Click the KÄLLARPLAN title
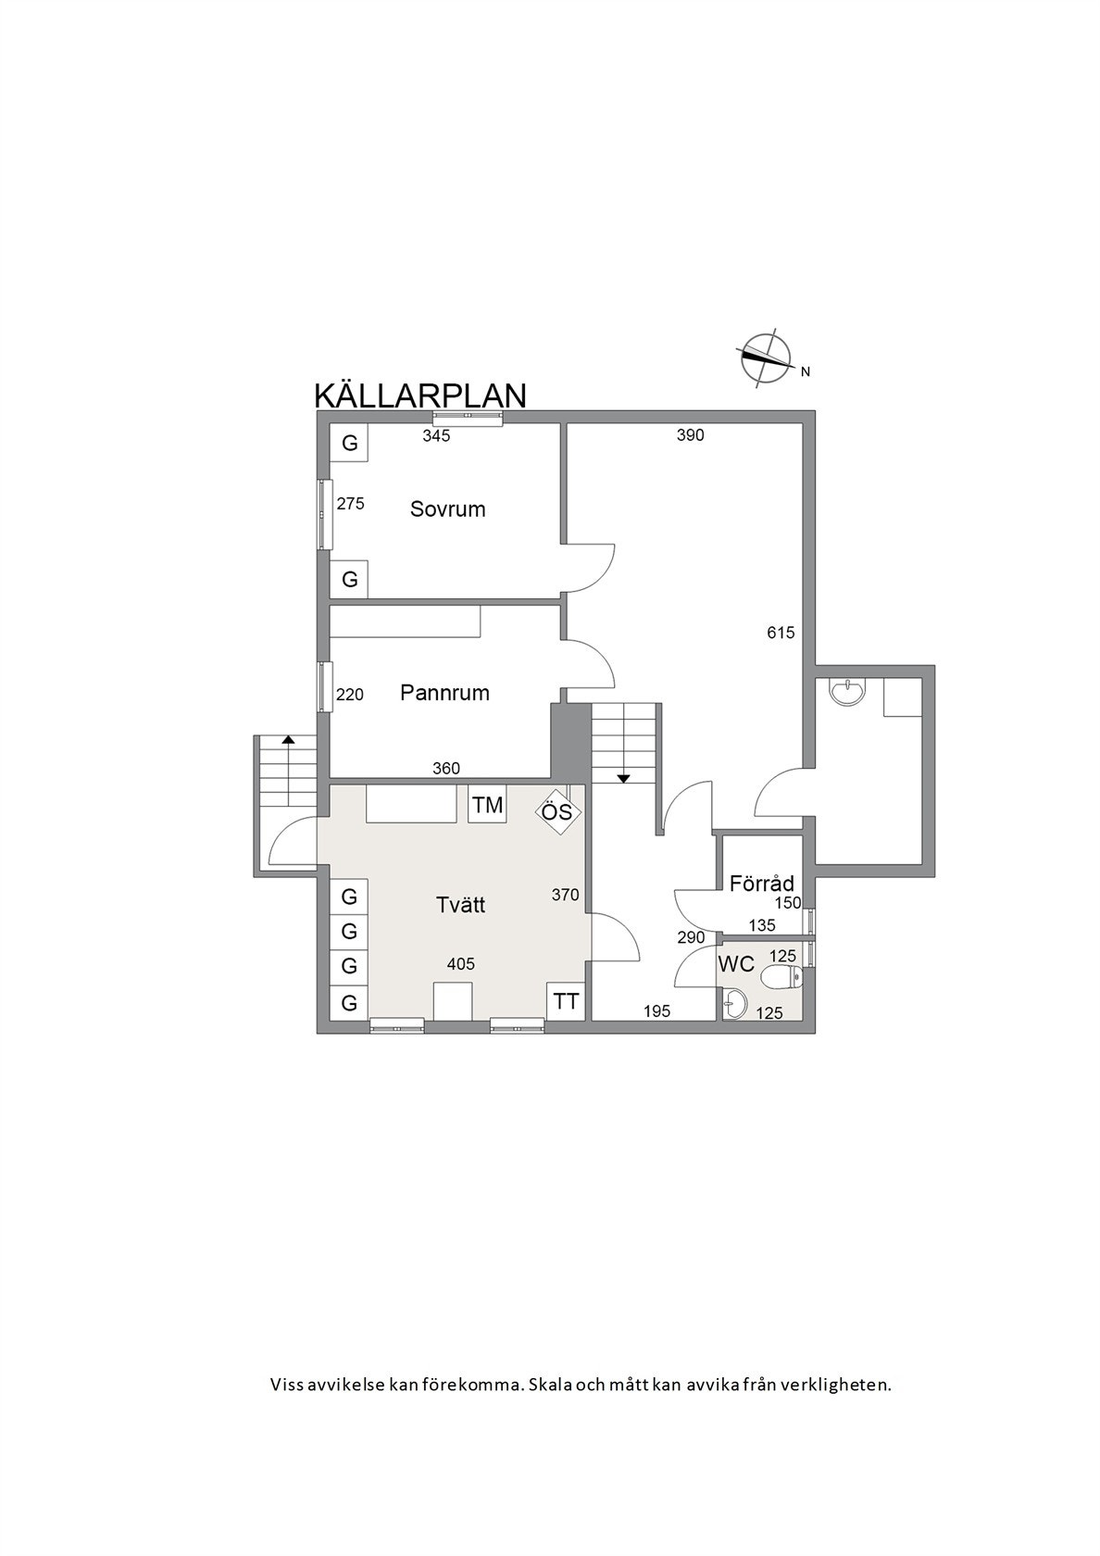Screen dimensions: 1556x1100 coord(420,395)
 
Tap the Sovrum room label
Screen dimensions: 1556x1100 coord(447,509)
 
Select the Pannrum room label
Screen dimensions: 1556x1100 coord(444,693)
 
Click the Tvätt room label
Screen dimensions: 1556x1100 coord(460,904)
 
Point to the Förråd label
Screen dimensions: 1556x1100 coord(761,883)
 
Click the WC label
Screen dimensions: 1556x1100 coord(736,964)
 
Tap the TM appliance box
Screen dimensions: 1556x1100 coord(487,806)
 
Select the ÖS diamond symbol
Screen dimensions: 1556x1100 coord(557,814)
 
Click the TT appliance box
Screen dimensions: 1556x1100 coord(566,1001)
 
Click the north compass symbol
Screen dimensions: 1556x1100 coord(766,358)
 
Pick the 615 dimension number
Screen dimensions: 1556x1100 coord(781,634)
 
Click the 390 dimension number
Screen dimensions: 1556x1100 coord(691,435)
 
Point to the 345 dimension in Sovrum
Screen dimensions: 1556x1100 coord(436,436)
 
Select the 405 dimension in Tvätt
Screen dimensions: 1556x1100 coord(460,964)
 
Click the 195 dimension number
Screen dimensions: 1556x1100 coord(656,1011)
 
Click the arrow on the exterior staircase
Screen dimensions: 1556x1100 coord(289,741)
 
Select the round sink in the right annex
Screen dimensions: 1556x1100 coord(847,691)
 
